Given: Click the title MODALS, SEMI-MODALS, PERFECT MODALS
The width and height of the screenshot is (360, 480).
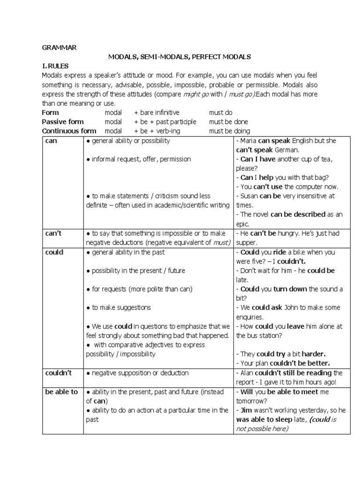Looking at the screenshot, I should coord(180,57).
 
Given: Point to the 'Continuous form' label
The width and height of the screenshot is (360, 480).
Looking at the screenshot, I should coord(69,131).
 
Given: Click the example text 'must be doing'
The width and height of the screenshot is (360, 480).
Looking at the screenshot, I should coord(229,131).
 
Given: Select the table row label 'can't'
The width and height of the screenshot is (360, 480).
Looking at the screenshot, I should coord(54,233).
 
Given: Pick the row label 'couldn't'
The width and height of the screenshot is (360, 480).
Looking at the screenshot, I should coord(58,373).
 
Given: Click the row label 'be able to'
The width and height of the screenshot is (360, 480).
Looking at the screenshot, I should coord(61,392).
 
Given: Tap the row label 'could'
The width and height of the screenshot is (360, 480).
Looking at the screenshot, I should coord(54,252).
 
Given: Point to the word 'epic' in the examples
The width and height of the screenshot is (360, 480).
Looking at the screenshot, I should coord(244,224).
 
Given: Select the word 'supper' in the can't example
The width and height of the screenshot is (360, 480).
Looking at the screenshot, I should coord(247,242).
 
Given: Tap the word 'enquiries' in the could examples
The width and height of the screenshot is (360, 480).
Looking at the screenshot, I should coord(253,317).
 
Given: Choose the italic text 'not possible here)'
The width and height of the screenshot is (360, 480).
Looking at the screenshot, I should coord(262,429).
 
